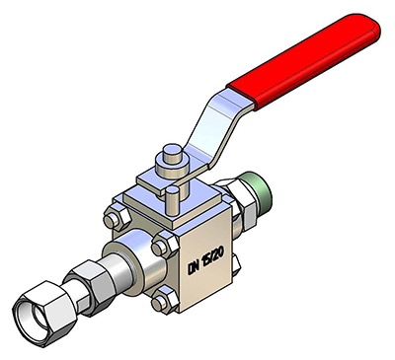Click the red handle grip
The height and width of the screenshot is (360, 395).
coord(304,61)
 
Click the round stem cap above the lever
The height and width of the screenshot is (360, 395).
coord(173,155)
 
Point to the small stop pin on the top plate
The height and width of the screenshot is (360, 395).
coord(172,200)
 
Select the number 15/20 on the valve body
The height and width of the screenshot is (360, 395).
coord(213,257)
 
